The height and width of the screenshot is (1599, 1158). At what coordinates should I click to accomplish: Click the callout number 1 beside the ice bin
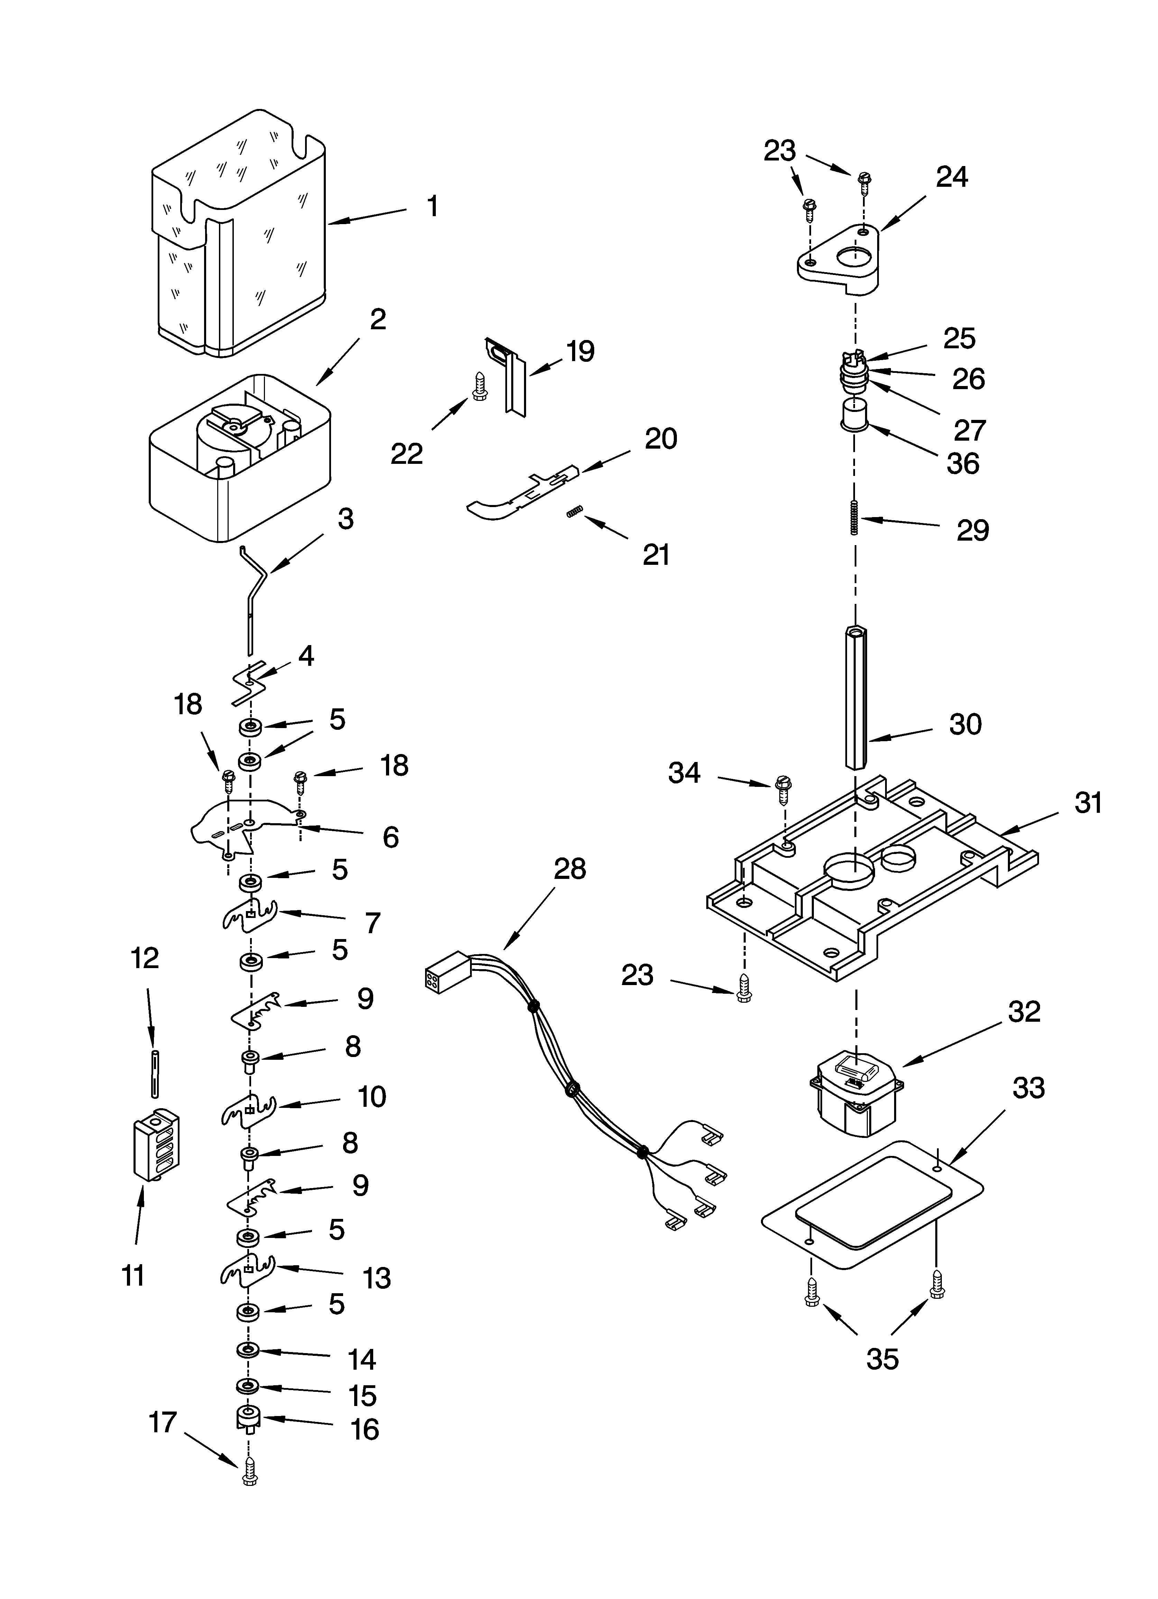432,206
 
